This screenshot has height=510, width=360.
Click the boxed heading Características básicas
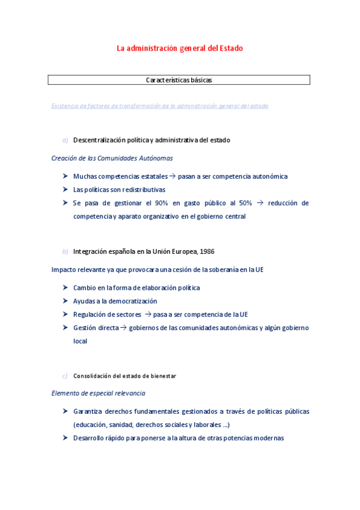(178, 80)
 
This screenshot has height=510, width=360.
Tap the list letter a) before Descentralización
(66, 140)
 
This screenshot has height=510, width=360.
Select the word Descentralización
(99, 140)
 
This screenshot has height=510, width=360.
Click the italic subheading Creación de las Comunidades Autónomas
(112, 158)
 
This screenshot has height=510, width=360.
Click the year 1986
(207, 251)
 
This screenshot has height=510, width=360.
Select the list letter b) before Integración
(66, 251)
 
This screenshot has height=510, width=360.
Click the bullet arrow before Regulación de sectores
(65, 314)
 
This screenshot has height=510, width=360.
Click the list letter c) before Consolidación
(65, 376)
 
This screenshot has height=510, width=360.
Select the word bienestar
(163, 376)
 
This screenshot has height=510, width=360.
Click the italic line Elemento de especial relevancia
(98, 393)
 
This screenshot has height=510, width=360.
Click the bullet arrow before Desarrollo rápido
(65, 438)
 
